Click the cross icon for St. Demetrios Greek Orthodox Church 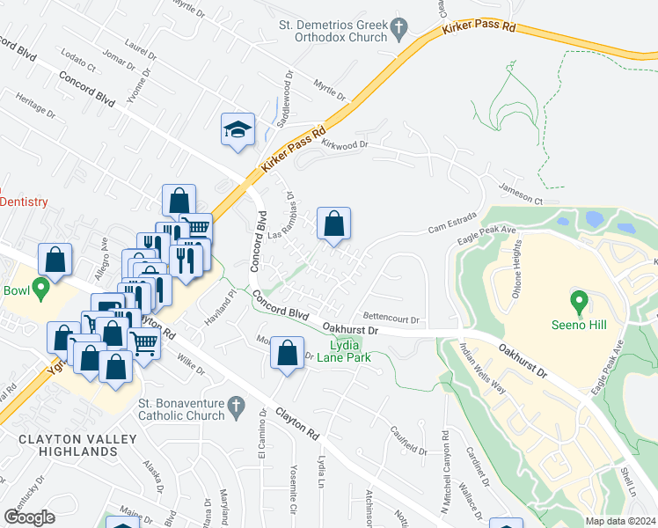(399, 28)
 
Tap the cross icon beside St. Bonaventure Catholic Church (234, 406)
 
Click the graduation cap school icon (238, 130)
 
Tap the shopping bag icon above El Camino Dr (287, 355)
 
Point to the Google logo (29, 517)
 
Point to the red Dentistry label (24, 202)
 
